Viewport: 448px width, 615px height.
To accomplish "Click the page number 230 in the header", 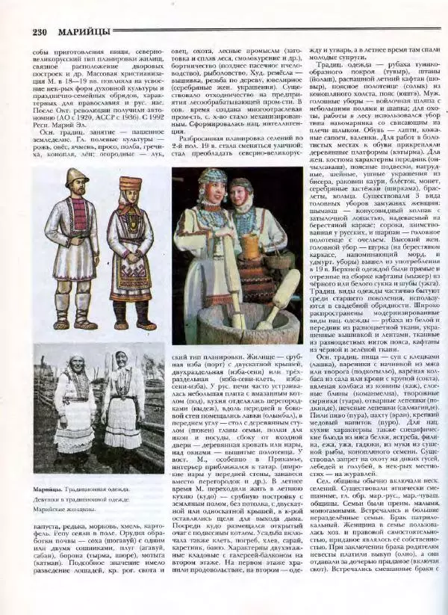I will point(43,31).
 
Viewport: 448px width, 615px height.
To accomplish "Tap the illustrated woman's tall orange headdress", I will point(130,183).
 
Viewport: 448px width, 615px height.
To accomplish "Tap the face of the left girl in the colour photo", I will point(215,190).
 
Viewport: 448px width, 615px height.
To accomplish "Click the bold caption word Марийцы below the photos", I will point(47,489).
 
